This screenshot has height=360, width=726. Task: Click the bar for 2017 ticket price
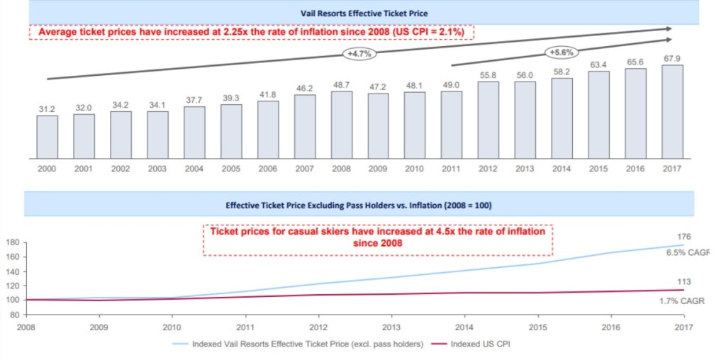click(672, 111)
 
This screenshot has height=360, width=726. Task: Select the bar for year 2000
click(47, 136)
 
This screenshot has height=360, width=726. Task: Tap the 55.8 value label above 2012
click(488, 75)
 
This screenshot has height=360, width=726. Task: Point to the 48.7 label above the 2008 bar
click(341, 84)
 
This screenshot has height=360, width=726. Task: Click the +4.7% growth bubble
click(359, 53)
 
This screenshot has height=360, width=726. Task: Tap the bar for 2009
click(378, 125)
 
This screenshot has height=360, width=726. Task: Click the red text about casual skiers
click(376, 237)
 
